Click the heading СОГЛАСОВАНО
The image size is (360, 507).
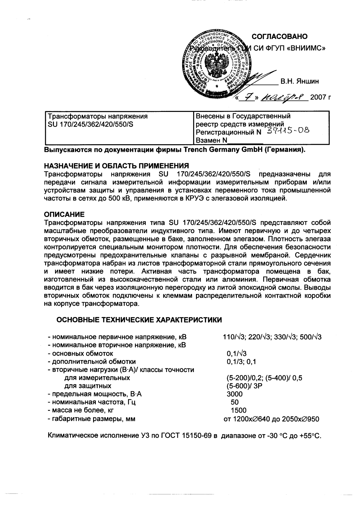[x=279, y=37]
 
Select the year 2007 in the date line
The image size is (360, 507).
[x=318, y=98]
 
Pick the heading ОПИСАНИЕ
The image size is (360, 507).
[x=64, y=214]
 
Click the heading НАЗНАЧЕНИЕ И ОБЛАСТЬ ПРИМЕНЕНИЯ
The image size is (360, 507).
[x=116, y=166]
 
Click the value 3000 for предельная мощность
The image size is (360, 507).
[x=234, y=394]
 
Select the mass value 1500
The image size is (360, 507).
[x=238, y=410]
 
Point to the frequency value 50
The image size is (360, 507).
[x=235, y=402]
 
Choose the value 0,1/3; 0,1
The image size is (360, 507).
[x=241, y=362]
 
